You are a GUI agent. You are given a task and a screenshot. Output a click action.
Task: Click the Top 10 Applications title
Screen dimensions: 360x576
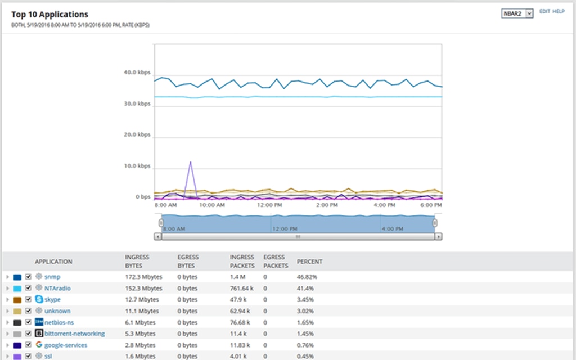point(49,15)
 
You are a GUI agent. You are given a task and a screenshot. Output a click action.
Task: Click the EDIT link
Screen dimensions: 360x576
point(544,11)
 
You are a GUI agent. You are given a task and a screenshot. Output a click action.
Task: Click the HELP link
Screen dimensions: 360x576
point(558,11)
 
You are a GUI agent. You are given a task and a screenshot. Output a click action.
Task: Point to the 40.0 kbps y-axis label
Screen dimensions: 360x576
point(137,73)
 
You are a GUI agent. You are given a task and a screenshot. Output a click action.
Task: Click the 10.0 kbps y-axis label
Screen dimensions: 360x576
point(137,166)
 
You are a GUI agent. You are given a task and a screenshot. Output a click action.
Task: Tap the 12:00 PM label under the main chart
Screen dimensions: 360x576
point(269,206)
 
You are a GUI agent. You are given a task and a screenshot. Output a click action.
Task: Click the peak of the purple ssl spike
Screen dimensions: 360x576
point(191,162)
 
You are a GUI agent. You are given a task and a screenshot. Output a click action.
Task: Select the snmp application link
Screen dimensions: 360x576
point(52,277)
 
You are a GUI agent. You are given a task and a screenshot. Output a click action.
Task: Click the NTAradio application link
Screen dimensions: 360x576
point(57,288)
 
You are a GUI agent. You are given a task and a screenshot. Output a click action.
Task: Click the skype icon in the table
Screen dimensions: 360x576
point(39,299)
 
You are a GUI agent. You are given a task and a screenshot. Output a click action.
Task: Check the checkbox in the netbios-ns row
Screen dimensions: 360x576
point(28,322)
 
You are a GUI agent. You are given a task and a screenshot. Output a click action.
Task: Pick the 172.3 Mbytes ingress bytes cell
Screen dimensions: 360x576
point(142,277)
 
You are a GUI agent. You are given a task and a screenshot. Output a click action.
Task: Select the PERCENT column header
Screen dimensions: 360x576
point(309,262)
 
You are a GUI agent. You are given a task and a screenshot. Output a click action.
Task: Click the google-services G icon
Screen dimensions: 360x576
point(39,345)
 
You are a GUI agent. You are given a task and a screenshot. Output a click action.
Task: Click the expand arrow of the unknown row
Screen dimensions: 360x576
point(7,311)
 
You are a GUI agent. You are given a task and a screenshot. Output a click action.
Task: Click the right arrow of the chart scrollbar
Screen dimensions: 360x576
point(438,237)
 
